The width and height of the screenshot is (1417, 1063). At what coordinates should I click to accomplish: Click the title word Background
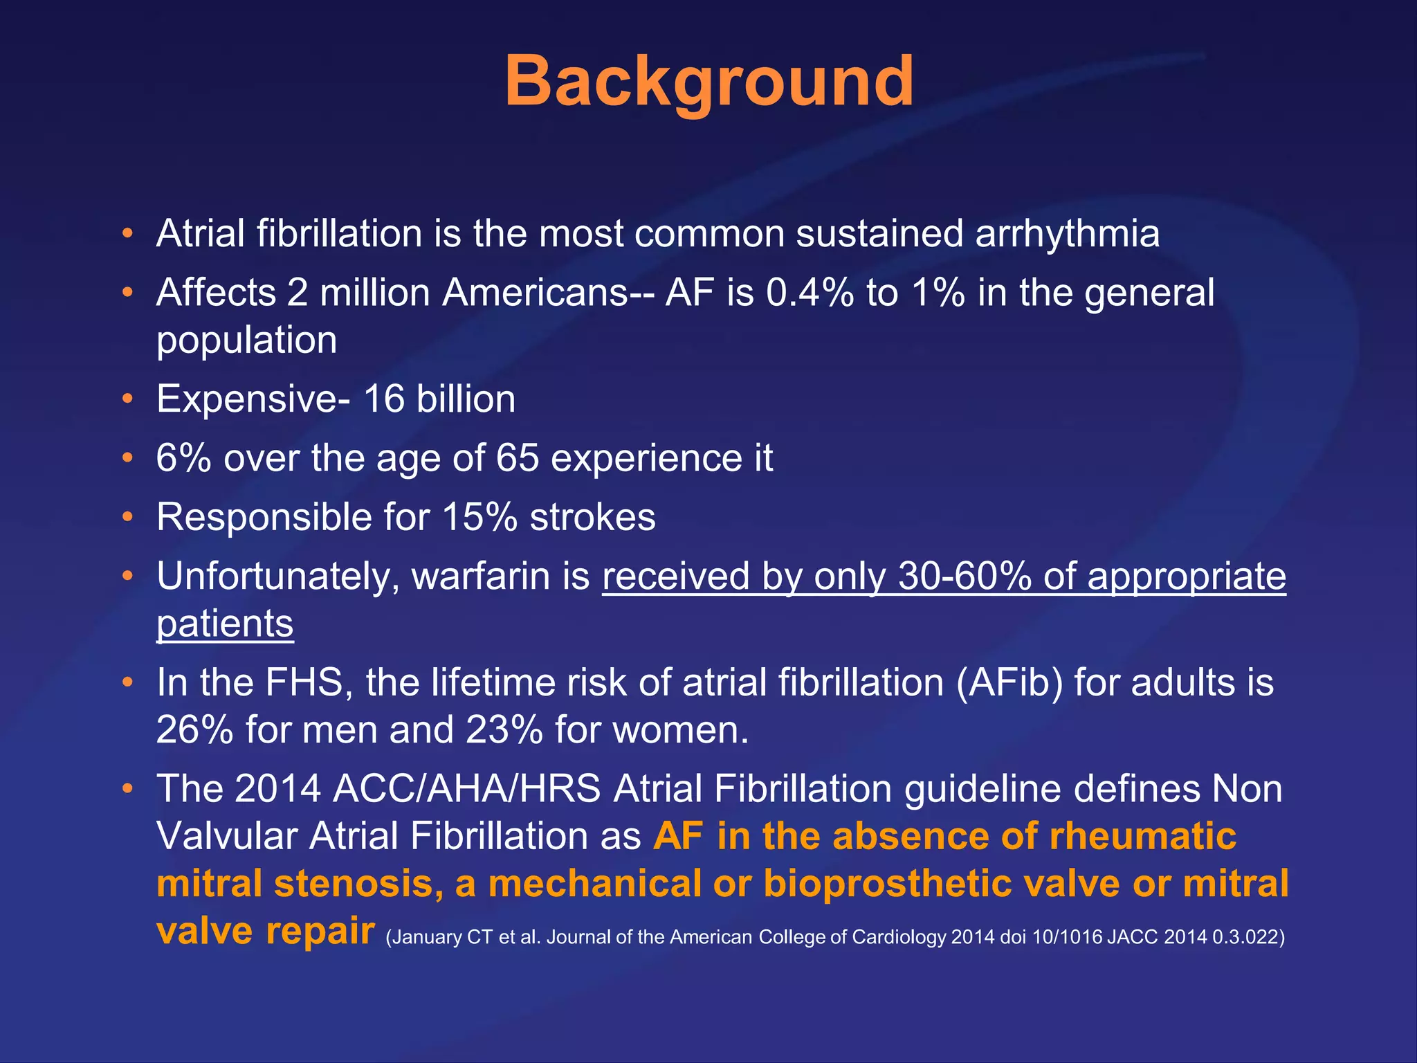click(x=709, y=83)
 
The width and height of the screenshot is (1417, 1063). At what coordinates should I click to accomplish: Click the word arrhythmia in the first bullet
click(x=1067, y=234)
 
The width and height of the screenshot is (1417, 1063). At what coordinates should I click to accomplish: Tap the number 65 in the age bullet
click(x=517, y=458)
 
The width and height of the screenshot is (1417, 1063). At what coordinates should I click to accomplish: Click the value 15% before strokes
click(x=479, y=518)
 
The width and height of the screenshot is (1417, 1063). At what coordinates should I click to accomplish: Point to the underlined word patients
click(x=225, y=624)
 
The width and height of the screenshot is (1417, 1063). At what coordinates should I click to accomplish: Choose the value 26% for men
click(x=195, y=730)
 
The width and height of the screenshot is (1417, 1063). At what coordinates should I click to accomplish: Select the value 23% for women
click(x=504, y=730)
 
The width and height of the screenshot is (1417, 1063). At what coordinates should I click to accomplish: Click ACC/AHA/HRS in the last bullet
click(x=466, y=789)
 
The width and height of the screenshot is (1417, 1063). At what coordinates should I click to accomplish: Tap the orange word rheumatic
click(x=1142, y=837)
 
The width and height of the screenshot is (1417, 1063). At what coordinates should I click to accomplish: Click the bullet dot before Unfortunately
click(x=127, y=576)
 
